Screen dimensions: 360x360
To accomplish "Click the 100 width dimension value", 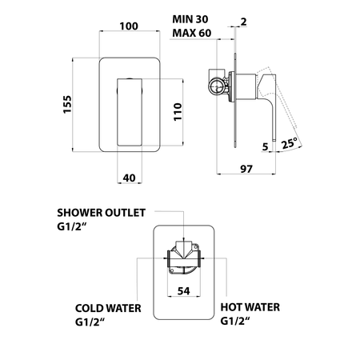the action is click(x=129, y=26).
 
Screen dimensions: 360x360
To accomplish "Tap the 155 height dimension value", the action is click(x=67, y=104).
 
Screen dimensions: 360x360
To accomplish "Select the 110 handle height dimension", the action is click(x=178, y=112).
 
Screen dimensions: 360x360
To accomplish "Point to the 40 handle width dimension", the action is click(x=130, y=178).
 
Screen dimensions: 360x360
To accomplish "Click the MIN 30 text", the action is click(x=190, y=19).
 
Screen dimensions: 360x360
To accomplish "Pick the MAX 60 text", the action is click(x=192, y=33).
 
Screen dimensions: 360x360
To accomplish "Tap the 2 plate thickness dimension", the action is click(x=243, y=22).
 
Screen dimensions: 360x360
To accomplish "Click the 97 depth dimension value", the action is click(x=246, y=169).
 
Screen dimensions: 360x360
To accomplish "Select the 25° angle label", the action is click(x=289, y=144).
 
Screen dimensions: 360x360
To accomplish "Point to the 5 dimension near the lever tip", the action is click(x=265, y=146).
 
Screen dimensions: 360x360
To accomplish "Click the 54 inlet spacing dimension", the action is click(x=184, y=291).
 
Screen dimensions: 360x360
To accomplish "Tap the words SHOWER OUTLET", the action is click(x=102, y=213).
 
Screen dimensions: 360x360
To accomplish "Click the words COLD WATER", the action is click(x=108, y=308).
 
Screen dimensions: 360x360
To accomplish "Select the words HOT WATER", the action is click(x=250, y=307).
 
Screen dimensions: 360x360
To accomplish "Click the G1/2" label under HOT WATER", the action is click(x=235, y=321).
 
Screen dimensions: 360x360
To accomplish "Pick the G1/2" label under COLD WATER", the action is click(x=90, y=322).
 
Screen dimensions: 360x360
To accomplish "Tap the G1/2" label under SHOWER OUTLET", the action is click(x=72, y=226).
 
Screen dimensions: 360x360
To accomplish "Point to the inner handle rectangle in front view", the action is click(x=130, y=112).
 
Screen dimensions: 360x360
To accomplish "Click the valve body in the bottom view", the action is click(x=183, y=258).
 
